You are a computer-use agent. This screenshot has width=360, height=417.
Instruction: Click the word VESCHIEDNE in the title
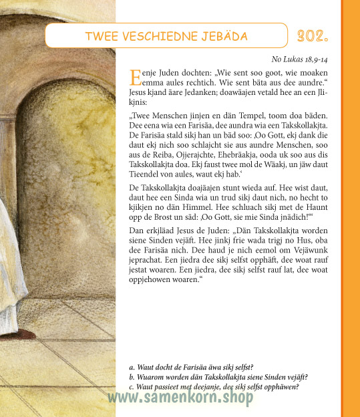tap(162, 35)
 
